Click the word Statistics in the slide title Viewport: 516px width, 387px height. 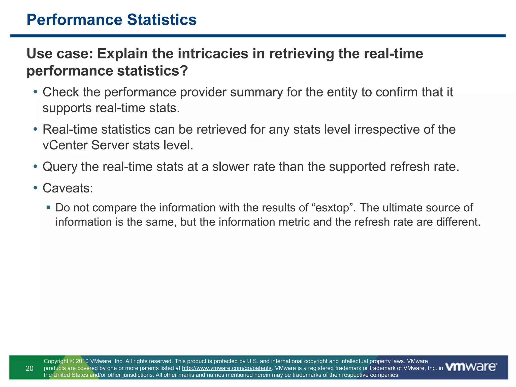tap(162, 20)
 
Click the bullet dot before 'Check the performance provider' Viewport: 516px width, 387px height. tap(35, 92)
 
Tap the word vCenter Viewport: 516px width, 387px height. tap(65, 145)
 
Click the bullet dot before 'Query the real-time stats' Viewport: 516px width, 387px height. tap(35, 167)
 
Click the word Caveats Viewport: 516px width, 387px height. tap(68, 188)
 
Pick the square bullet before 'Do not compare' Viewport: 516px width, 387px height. tap(48, 208)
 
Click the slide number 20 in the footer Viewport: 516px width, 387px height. tap(29, 368)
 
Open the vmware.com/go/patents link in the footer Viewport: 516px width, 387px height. tap(227, 368)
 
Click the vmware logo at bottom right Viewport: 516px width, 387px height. tap(471, 367)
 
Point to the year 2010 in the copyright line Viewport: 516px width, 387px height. tap(82, 361)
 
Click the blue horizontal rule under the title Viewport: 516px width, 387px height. tap(258, 36)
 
